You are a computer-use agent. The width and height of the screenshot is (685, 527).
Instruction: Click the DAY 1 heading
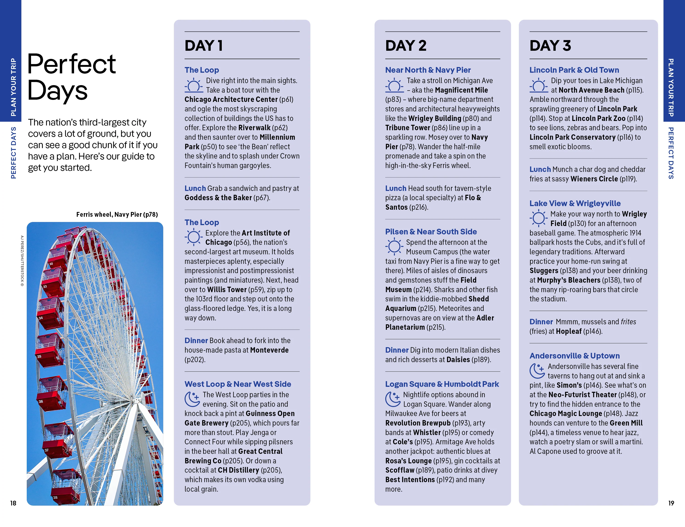pos(204,46)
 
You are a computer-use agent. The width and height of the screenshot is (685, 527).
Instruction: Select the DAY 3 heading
pos(550,46)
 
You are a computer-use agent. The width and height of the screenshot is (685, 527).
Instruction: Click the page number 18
pos(13,503)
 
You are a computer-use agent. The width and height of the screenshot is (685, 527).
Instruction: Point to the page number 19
pos(671,503)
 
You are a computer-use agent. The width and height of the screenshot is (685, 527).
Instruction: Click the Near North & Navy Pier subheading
pos(428,70)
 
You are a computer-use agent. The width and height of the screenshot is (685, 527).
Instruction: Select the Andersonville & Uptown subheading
pos(575,356)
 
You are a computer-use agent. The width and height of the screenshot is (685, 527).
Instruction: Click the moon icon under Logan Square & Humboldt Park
pos(392,399)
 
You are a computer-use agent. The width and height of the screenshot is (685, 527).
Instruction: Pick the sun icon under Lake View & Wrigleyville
pos(538,219)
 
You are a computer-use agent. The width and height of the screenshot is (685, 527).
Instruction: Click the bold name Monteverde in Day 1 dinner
pos(269,350)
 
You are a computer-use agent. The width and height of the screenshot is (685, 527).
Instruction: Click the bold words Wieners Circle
pos(594,179)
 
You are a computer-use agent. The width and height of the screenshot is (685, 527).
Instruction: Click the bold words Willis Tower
pos(227,289)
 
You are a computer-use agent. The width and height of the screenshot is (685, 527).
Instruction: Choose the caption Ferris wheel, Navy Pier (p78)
pos(117,214)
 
